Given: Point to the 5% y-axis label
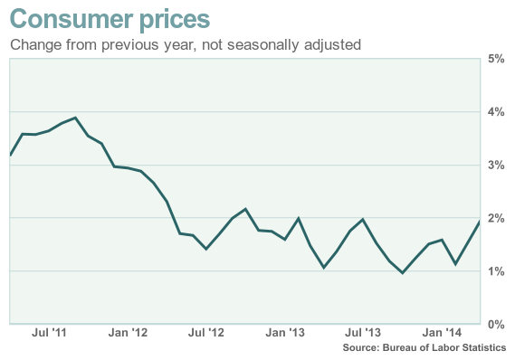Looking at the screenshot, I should tap(496, 59).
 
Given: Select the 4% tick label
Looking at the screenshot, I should tap(496, 112).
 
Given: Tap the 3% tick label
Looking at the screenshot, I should tap(496, 166).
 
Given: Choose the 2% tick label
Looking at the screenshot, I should tap(496, 218).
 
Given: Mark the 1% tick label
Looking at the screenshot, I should tap(496, 271).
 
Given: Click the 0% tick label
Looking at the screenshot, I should tap(496, 324).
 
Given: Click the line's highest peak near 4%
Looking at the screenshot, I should tap(75, 118).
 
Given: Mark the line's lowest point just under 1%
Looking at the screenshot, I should tap(403, 272).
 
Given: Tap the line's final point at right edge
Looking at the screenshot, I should tap(479, 222).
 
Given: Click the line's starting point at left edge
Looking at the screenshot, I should tap(10, 156).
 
